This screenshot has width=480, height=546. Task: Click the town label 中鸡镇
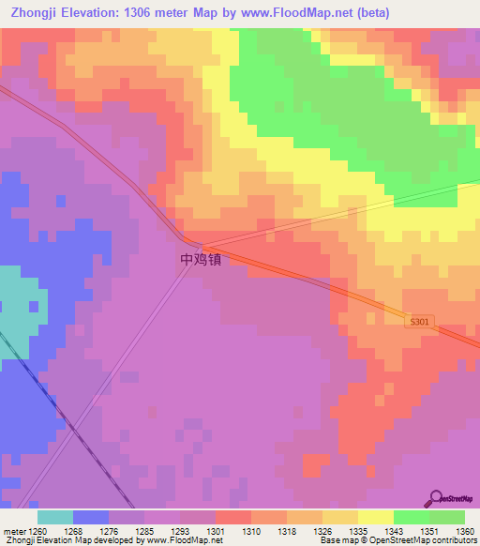[201, 259]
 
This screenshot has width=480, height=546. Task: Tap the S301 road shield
[421, 322]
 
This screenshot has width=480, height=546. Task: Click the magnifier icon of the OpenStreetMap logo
[435, 498]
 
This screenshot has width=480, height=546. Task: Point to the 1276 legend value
[108, 531]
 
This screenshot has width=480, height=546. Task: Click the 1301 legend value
[216, 531]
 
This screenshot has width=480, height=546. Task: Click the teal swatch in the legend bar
[54, 517]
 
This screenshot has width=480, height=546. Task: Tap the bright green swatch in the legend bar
[412, 517]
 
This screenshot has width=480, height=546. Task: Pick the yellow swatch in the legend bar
[376, 517]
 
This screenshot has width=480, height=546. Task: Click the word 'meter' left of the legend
[13, 531]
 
